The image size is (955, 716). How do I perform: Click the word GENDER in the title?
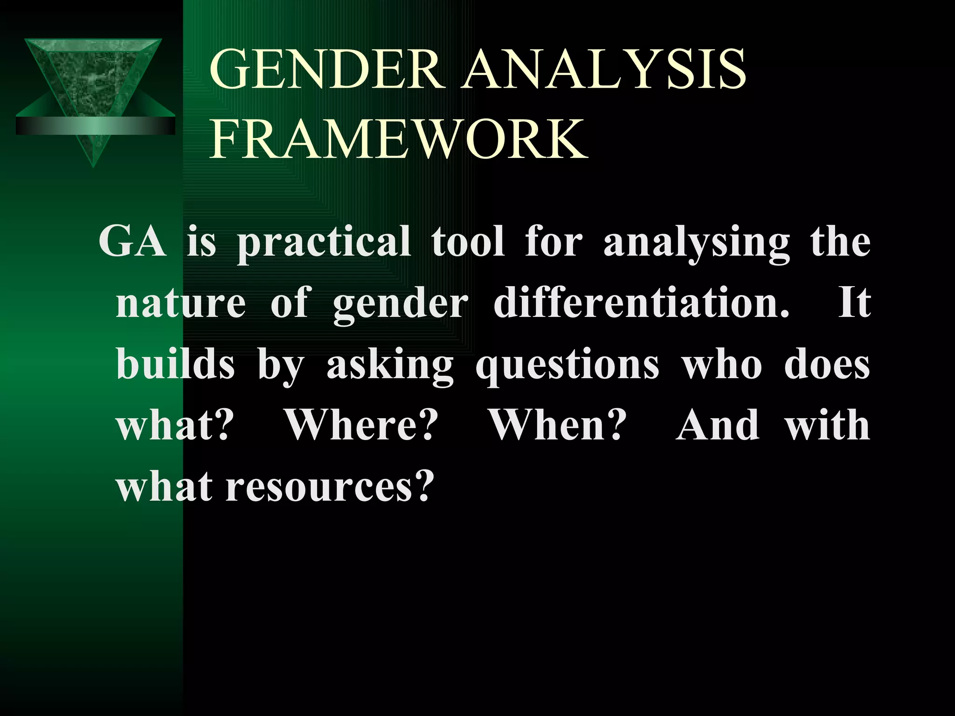(326, 70)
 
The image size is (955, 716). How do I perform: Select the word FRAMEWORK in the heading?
(399, 139)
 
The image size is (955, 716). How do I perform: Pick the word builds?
(175, 365)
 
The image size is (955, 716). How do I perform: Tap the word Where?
(362, 425)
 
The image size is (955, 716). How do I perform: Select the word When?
(557, 425)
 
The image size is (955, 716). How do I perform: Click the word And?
(718, 425)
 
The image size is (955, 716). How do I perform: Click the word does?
(827, 365)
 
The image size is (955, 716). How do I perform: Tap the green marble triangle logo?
(93, 75)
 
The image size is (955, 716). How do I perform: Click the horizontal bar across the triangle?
(96, 125)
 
